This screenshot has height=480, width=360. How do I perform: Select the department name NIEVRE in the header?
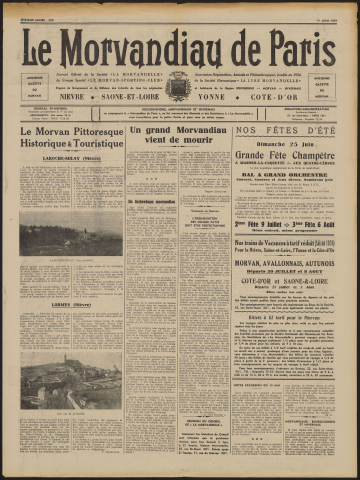(71, 97)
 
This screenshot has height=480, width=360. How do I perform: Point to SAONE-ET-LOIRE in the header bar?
(127, 97)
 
